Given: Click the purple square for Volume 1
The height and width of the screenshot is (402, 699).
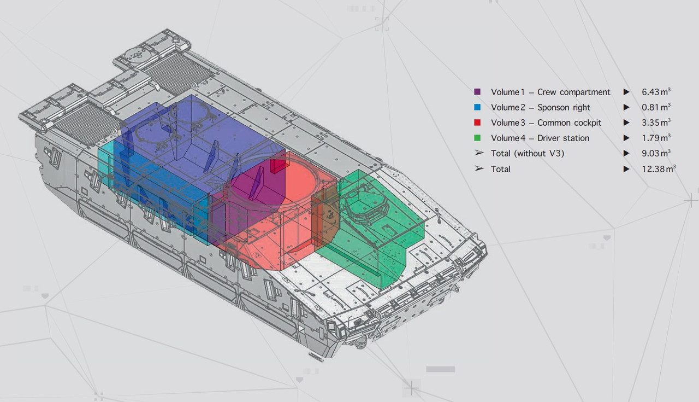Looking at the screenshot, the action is tap(477, 91).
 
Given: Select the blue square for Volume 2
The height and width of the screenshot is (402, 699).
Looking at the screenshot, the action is tap(477, 107).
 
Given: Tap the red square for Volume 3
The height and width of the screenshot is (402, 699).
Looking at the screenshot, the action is tap(477, 123).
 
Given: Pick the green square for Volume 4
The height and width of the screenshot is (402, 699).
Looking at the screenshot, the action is tap(477, 138).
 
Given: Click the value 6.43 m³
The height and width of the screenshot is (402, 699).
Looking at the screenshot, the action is tap(656, 91).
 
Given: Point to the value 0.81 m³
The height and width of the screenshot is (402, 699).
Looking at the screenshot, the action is tap(656, 107).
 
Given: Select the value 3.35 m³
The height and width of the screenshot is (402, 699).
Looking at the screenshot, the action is tap(656, 122).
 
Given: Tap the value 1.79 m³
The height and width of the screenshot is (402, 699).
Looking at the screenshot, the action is tap(656, 137).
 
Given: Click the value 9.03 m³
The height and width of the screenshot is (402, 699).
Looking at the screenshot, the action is tap(656, 153).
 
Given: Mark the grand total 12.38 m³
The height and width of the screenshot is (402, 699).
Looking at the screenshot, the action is tap(659, 168).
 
